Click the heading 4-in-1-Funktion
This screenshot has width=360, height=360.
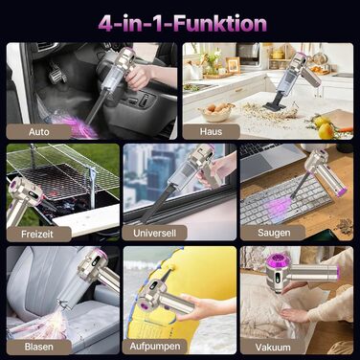tap(182, 24)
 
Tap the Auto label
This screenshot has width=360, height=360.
tap(39, 132)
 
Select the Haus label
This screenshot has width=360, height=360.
tap(211, 131)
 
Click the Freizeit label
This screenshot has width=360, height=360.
tap(37, 234)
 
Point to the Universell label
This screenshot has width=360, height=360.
tap(154, 233)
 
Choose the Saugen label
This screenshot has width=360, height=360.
tap(274, 233)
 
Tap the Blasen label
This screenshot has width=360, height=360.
tap(39, 347)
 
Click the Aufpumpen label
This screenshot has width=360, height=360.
tap(155, 347)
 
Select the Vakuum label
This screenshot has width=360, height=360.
tap(273, 348)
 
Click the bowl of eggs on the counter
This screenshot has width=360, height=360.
tap(214, 112)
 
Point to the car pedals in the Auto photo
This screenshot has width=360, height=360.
tap(57, 74)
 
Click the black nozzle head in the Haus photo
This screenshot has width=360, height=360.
tap(274, 101)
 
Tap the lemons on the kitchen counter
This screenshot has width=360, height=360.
tap(323, 126)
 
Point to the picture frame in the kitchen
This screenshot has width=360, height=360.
tap(233, 65)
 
